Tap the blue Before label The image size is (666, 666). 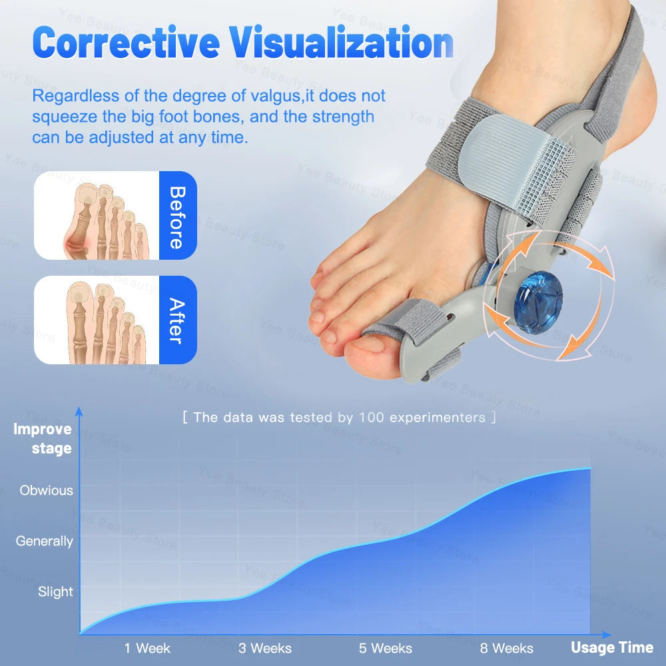point(177,216)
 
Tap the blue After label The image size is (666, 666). point(177,320)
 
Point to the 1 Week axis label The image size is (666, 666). point(147,648)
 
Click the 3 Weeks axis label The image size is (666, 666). point(265,648)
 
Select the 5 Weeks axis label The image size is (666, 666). point(386,648)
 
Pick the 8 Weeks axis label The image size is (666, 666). point(506,648)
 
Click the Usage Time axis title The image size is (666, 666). point(611,647)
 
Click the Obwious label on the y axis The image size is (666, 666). point(47,491)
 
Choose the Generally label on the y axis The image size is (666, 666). point(45,541)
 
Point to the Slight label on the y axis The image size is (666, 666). point(55,591)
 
